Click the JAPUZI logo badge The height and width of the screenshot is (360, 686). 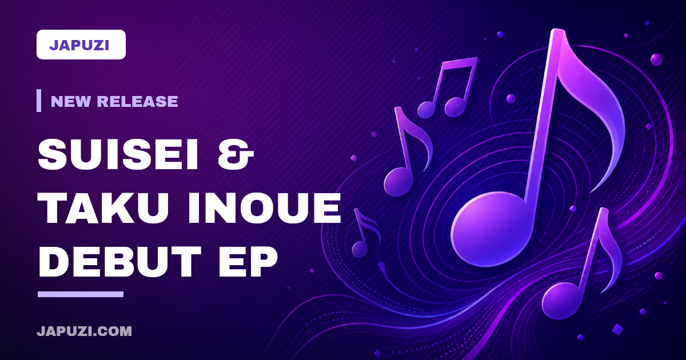point(81,45)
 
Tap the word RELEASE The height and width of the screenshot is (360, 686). point(137,101)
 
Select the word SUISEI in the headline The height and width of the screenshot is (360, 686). point(118,154)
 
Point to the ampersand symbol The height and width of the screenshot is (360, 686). point(236,154)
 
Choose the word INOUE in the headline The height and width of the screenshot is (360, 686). point(265,208)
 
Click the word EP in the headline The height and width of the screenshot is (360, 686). point(248,262)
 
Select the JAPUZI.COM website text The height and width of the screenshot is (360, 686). point(84,331)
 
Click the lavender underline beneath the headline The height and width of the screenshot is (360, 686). point(81,294)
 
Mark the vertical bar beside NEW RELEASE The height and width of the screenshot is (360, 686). point(39,101)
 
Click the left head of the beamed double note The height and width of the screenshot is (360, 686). point(426,110)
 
